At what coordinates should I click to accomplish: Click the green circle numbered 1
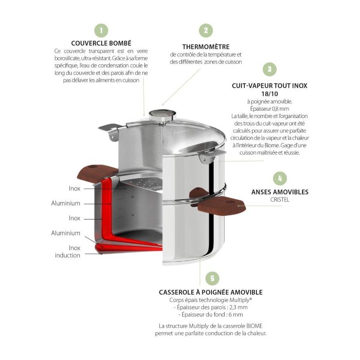tap(101, 31)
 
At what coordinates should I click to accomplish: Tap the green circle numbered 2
tap(206, 31)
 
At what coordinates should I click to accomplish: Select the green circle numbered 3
tap(269, 69)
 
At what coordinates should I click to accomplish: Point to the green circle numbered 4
tap(279, 178)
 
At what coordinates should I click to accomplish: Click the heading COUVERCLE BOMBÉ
tap(101, 43)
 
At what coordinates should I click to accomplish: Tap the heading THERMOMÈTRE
tap(206, 46)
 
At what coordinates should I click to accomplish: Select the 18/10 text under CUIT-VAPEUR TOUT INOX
tap(269, 93)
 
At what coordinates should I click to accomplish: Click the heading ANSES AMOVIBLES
tap(279, 192)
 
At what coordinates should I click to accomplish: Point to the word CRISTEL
tap(279, 199)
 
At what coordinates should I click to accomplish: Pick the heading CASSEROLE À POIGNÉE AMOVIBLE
tap(210, 292)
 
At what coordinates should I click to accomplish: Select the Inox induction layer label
tap(68, 252)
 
